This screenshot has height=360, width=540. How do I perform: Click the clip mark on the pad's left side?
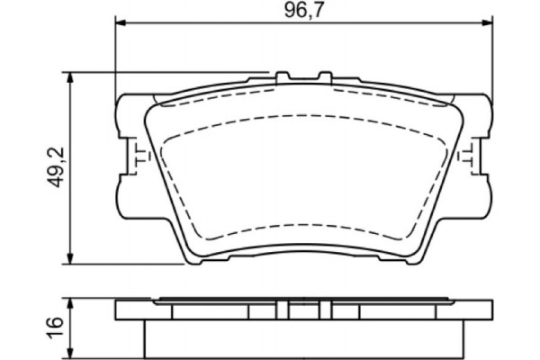pyautogui.click(x=136, y=157)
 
